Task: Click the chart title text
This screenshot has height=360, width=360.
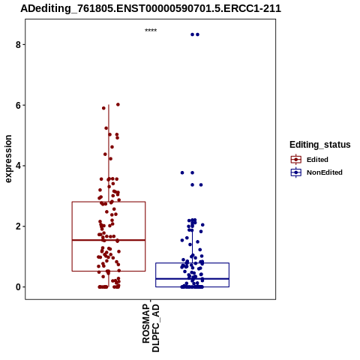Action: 151,8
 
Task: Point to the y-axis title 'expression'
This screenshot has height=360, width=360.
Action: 8,159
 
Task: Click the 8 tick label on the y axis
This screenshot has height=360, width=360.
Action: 18,45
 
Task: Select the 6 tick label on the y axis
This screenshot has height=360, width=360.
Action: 18,106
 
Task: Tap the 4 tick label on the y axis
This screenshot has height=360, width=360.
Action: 18,166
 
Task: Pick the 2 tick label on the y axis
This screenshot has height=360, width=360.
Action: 18,226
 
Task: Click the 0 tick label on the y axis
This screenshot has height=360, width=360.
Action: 18,287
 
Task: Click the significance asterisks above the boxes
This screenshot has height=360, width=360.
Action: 151,30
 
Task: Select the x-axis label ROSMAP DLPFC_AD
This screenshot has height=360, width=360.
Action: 151,328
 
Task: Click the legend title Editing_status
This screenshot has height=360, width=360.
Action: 320,145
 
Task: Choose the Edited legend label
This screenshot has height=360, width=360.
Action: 317,160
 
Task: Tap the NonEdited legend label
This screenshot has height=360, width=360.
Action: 325,172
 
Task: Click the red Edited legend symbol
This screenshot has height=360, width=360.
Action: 296,160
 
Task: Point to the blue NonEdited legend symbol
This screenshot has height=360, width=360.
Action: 296,172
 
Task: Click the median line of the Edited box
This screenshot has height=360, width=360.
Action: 109,240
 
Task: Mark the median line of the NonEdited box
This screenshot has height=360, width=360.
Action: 192,278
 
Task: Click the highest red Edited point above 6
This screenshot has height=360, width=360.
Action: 118,104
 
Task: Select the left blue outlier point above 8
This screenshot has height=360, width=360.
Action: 192,34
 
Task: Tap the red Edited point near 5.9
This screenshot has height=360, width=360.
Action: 103,108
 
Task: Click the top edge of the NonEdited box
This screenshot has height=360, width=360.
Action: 192,263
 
